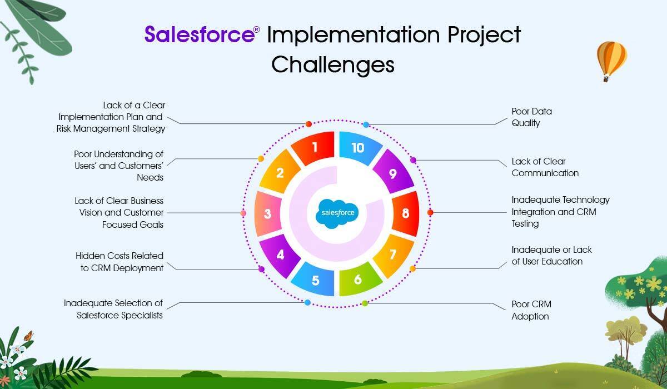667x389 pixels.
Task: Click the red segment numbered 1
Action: tap(314, 148)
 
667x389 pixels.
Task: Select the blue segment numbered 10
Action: tap(359, 148)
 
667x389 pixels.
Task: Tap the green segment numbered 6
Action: tap(359, 279)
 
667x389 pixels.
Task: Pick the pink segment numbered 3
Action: tap(268, 214)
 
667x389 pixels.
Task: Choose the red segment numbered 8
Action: tap(406, 213)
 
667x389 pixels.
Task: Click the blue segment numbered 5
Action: tap(315, 280)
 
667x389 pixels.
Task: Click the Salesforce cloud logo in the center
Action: tap(338, 213)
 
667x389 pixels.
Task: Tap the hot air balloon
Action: tap(611, 61)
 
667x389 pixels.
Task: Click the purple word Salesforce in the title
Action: tap(200, 34)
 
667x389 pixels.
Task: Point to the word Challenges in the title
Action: tap(333, 64)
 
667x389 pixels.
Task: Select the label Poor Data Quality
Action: tap(531, 117)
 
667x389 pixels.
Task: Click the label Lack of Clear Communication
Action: tap(545, 167)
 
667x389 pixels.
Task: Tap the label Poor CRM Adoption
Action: tap(531, 310)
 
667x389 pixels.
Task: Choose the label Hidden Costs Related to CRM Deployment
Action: tap(119, 262)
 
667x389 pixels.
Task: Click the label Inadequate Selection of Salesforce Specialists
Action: tap(113, 309)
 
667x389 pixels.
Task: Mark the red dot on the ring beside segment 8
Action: tap(430, 212)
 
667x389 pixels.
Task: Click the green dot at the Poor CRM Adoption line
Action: tap(365, 303)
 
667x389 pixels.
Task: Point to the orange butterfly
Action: tap(28, 336)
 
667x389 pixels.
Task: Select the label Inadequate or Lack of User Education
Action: tap(551, 256)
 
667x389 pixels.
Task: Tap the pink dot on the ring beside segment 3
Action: tap(243, 213)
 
